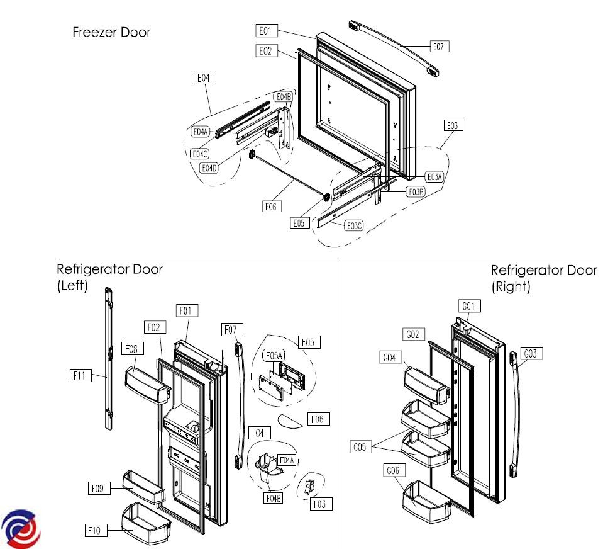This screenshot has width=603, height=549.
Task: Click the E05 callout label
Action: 300,222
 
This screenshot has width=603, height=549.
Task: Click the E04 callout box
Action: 204,78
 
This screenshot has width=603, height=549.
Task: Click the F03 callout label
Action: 321,504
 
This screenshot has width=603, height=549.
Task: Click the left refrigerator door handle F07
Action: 238,403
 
